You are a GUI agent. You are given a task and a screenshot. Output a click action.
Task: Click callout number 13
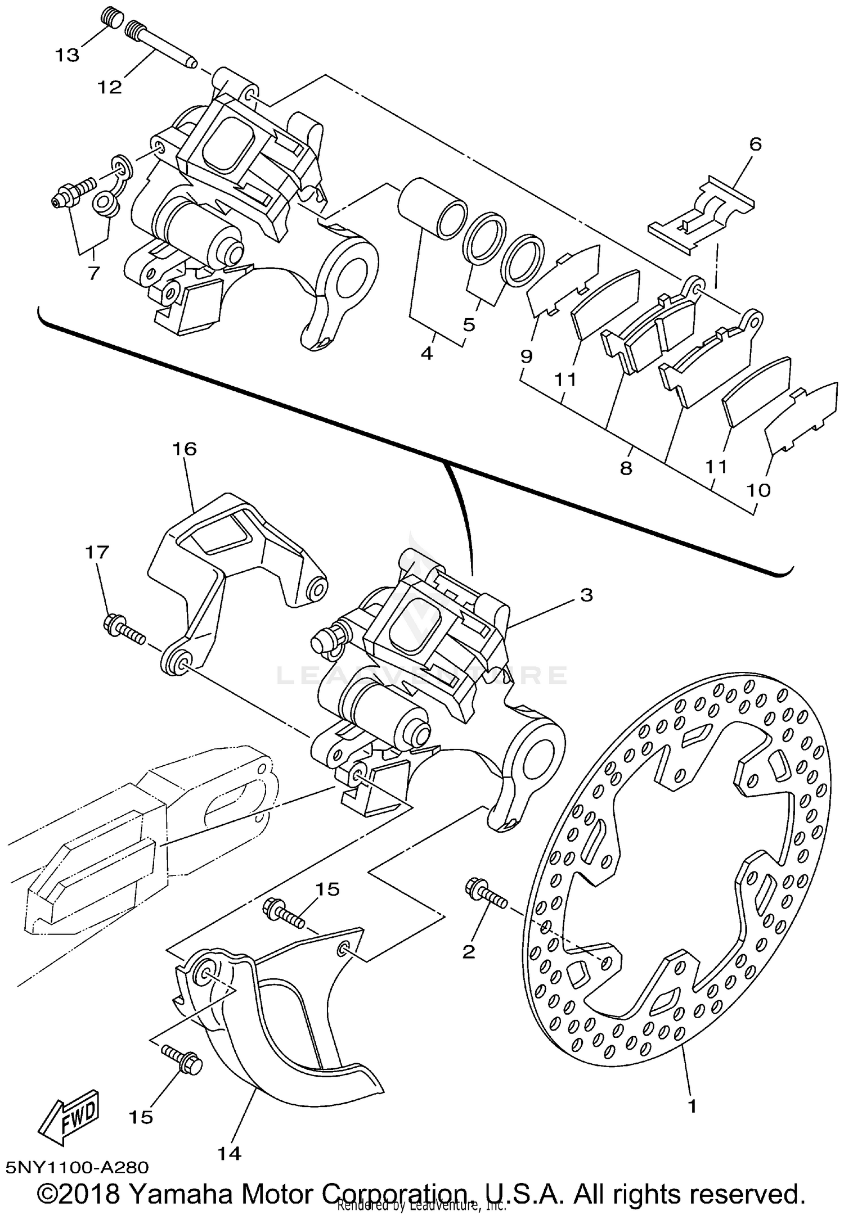[x=67, y=56]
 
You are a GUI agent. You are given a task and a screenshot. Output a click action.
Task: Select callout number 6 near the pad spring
[x=755, y=144]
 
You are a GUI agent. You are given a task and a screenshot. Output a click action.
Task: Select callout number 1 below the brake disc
[x=693, y=1106]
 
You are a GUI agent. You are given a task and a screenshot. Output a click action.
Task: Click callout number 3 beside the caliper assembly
[x=586, y=595]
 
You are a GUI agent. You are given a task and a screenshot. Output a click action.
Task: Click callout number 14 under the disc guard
[x=230, y=1153]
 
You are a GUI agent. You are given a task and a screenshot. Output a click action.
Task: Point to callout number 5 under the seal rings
[x=469, y=324]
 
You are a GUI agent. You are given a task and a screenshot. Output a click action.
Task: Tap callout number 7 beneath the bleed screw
[x=93, y=273]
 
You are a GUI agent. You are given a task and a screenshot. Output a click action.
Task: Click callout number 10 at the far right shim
[x=758, y=490]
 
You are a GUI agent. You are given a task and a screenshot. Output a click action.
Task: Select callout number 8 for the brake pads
[x=626, y=468]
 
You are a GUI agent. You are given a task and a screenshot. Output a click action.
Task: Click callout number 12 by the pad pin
[x=109, y=87]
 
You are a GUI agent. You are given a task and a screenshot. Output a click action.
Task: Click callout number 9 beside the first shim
[x=526, y=356]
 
